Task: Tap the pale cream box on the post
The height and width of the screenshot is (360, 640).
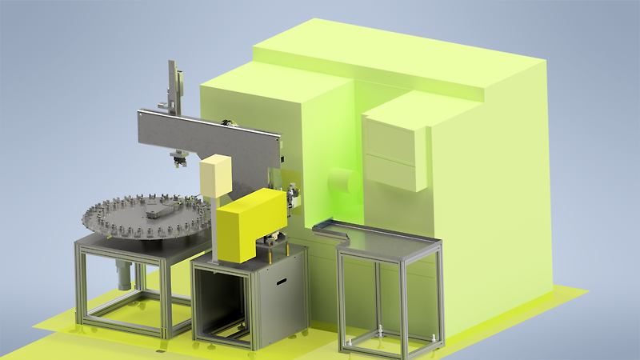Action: coord(216,178)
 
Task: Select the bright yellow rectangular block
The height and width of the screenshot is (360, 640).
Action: coord(250,228)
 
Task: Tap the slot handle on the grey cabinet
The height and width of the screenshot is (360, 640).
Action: coord(282,281)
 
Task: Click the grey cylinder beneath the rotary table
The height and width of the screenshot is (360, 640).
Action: coord(123,275)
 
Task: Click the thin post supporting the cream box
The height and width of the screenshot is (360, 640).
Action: coord(215,228)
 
